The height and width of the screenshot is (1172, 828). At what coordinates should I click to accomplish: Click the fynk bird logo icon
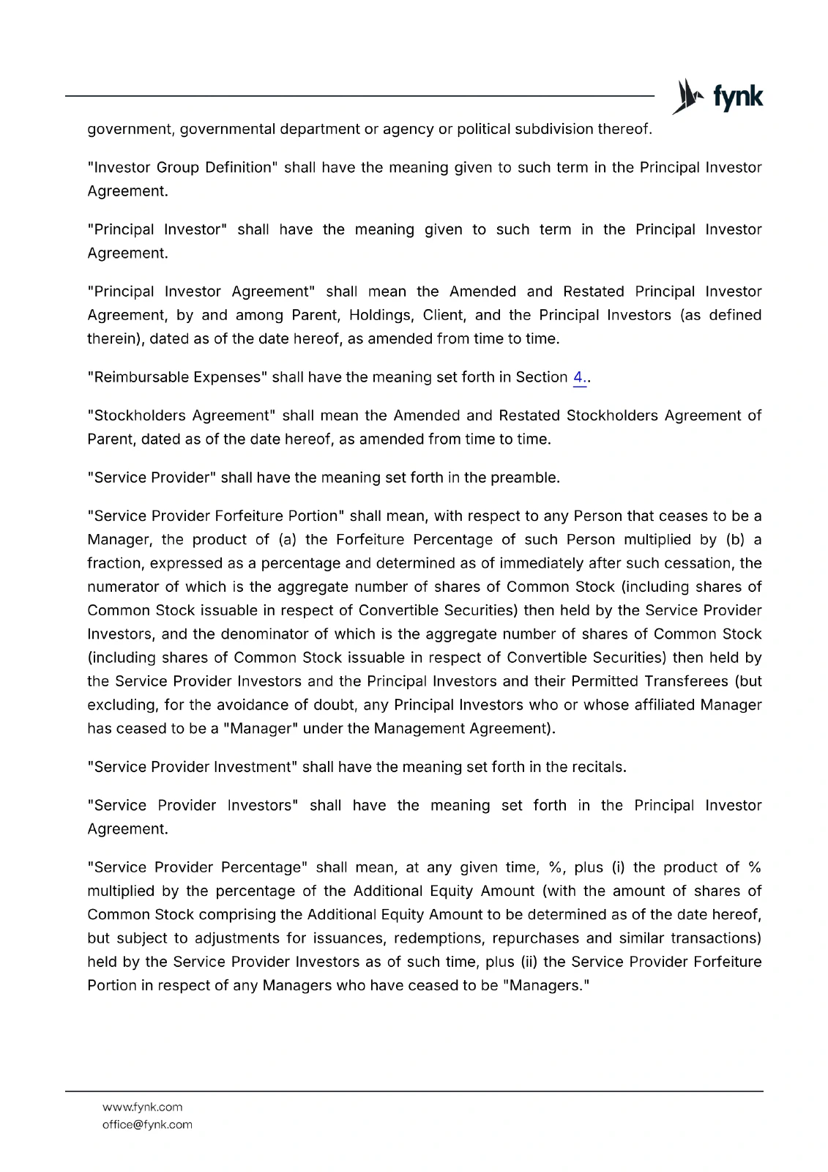687,97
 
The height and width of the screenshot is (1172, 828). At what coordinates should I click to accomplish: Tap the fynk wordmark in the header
738,97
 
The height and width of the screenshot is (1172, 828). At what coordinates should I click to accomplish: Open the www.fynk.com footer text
142,1107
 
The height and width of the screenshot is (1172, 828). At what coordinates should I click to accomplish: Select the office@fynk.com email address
147,1124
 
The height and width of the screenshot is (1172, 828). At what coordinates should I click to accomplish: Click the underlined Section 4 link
579,377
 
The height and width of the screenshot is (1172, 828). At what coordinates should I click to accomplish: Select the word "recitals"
598,767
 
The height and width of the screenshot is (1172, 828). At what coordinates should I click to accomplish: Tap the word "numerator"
122,587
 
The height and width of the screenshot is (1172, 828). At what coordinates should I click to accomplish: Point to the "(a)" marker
287,540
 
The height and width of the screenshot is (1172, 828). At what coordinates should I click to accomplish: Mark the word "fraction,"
117,563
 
